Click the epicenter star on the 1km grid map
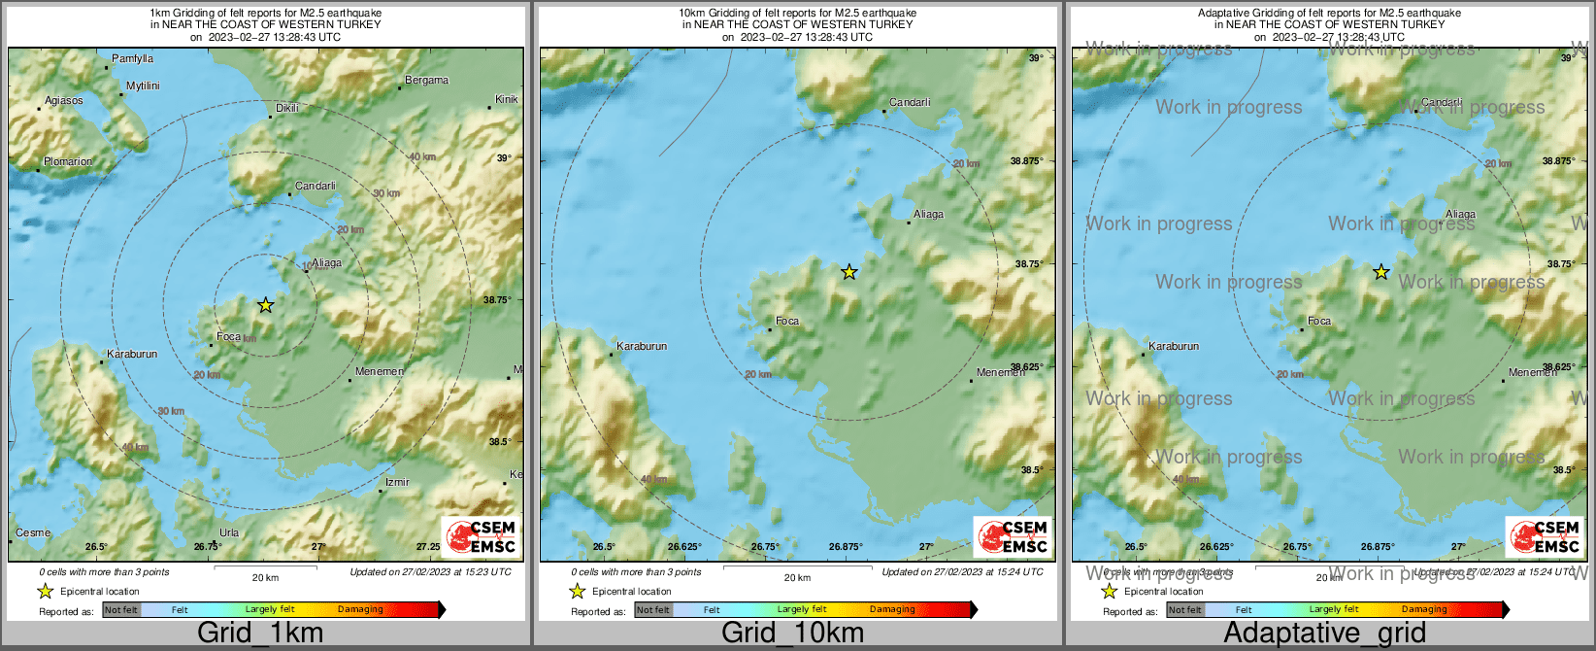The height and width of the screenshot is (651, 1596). [265, 305]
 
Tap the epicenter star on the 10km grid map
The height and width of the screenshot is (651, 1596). [849, 272]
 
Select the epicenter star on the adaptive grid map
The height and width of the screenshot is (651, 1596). [1380, 272]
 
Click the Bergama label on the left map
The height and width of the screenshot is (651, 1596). [427, 81]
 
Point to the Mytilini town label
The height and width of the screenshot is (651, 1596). [143, 86]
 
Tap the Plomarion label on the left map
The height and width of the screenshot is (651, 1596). [68, 162]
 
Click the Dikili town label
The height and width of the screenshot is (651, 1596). [287, 108]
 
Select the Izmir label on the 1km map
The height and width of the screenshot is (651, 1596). [397, 482]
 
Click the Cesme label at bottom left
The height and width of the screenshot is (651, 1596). [33, 532]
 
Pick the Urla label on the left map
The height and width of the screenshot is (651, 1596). [229, 532]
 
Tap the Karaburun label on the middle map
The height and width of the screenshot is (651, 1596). [642, 346]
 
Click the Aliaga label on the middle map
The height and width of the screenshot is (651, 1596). [928, 215]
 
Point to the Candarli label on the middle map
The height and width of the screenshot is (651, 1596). [910, 102]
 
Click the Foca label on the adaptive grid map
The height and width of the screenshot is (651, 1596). [1319, 321]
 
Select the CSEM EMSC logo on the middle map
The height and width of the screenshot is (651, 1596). [1013, 536]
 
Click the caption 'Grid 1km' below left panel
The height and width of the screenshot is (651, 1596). [260, 634]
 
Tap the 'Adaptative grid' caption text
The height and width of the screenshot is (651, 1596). [1324, 634]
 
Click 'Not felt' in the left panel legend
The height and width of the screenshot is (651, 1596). [121, 610]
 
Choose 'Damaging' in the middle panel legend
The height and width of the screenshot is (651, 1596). [892, 610]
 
